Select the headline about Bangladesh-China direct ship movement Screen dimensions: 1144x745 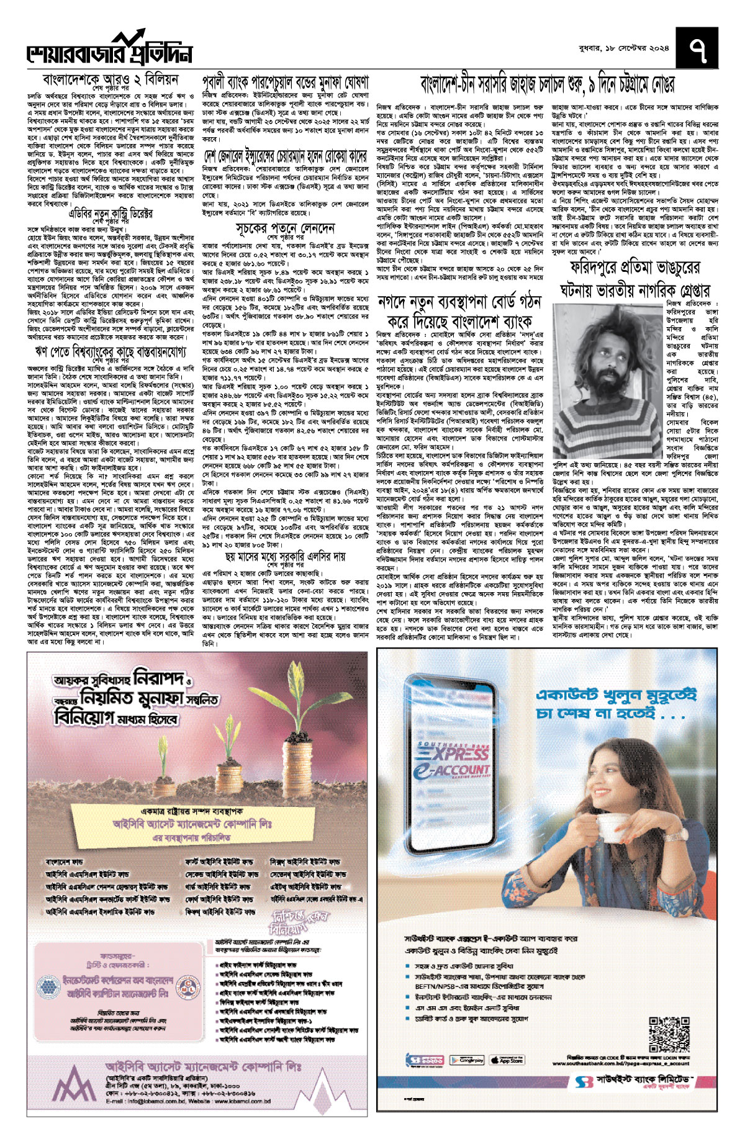pos(547,83)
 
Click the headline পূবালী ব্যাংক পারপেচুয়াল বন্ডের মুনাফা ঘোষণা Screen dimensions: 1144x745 pos(286,82)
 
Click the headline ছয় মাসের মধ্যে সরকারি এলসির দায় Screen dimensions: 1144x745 pos(286,557)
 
